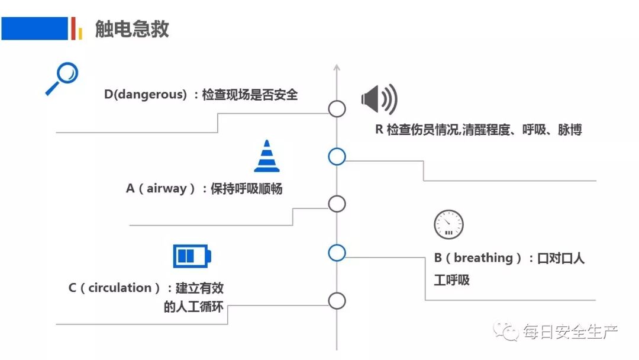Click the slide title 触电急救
pyautogui.click(x=132, y=29)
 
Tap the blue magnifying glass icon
pyautogui.click(x=62, y=79)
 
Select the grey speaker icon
pyautogui.click(x=379, y=99)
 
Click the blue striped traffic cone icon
pyautogui.click(x=267, y=156)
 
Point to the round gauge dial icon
pyautogui.click(x=448, y=224)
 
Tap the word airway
pyautogui.click(x=167, y=189)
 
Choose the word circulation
pyautogui.click(x=120, y=288)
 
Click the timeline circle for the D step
pyautogui.click(x=337, y=108)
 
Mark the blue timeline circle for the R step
pyautogui.click(x=337, y=156)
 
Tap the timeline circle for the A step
pyautogui.click(x=337, y=204)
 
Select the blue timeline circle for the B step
pyautogui.click(x=337, y=253)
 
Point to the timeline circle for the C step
pyautogui.click(x=337, y=301)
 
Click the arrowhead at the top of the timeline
pyautogui.click(x=337, y=67)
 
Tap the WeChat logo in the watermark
pyautogui.click(x=506, y=331)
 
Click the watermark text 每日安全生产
pyautogui.click(x=570, y=332)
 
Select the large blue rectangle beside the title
pyautogui.click(x=34, y=28)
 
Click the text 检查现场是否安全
pyautogui.click(x=250, y=94)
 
